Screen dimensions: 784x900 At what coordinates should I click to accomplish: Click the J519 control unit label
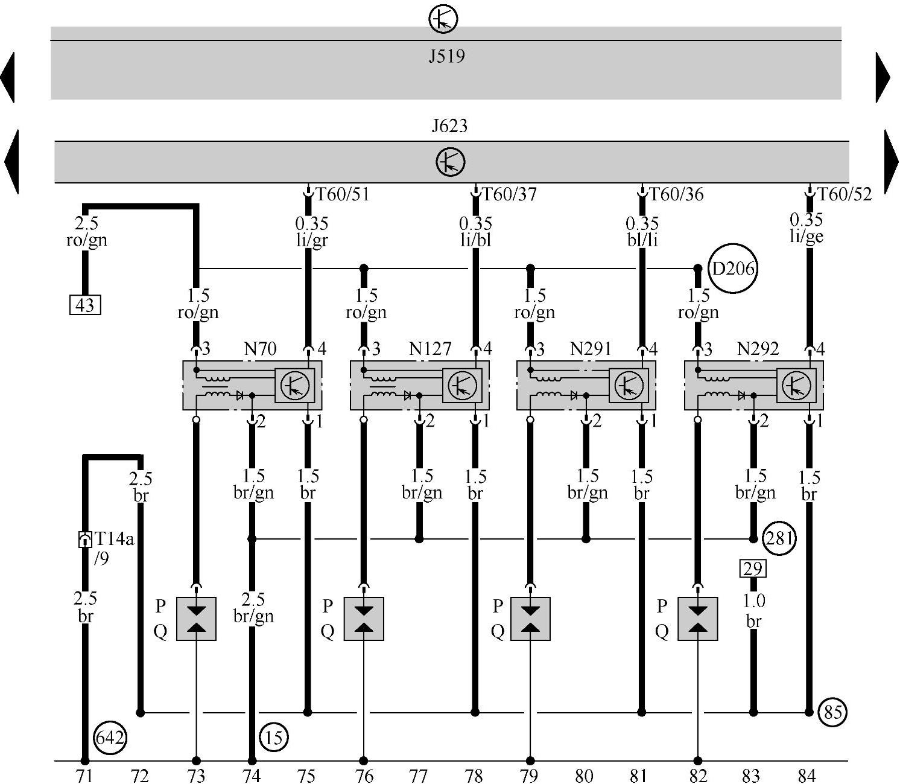point(446,57)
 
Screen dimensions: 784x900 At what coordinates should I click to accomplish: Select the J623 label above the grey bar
point(449,126)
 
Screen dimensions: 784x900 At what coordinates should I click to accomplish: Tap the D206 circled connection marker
point(733,269)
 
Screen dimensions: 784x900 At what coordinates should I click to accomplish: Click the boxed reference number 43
point(85,305)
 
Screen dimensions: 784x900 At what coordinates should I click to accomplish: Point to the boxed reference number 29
point(753,568)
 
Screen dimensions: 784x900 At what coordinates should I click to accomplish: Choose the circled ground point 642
point(110,738)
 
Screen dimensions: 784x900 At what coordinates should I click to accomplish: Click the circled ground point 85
point(832,712)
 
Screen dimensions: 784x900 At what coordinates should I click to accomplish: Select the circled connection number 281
point(779,538)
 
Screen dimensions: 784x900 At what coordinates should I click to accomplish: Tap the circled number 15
point(273,737)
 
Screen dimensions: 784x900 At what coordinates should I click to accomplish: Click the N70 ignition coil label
point(260,349)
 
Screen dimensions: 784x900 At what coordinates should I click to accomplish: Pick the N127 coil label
point(429,349)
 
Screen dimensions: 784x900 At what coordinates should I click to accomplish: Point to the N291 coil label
point(591,349)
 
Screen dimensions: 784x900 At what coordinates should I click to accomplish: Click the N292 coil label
point(758,349)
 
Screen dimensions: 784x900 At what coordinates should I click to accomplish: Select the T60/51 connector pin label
point(342,194)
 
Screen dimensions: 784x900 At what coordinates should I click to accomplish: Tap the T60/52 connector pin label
point(845,194)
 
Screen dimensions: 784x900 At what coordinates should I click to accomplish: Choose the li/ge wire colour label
point(807,237)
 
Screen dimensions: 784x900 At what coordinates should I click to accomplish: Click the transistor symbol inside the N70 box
point(295,384)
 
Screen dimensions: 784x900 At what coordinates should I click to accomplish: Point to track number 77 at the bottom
point(418,776)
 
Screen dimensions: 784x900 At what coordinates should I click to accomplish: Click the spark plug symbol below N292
point(697,619)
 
